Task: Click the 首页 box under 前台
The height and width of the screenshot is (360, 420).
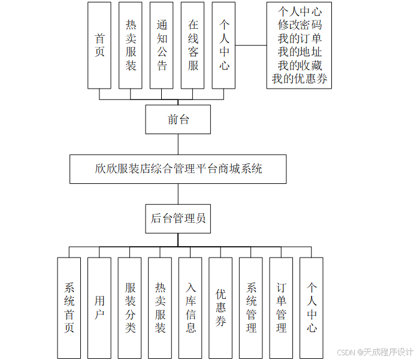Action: click(99, 45)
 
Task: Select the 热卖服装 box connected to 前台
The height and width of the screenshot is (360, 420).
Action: click(131, 45)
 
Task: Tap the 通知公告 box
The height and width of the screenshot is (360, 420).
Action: click(162, 45)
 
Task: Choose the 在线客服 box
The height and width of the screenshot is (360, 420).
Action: click(193, 45)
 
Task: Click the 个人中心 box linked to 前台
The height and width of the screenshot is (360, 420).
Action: click(223, 45)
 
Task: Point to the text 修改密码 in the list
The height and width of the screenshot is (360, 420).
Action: click(300, 25)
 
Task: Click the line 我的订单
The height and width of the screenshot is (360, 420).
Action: click(300, 38)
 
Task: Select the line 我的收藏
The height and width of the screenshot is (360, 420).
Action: click(300, 65)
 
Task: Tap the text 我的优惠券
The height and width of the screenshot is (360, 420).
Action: click(300, 78)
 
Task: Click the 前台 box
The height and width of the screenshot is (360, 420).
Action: click(178, 119)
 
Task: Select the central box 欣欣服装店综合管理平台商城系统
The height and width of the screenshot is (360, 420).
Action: click(178, 169)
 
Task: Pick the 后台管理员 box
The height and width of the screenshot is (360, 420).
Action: click(178, 219)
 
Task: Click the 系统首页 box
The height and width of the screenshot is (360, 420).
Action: click(69, 308)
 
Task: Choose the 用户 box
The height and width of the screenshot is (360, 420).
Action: click(99, 308)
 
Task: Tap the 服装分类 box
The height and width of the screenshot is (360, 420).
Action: click(130, 308)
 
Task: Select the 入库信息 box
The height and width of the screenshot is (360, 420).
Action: click(191, 308)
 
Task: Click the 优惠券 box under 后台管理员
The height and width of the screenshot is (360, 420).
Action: click(221, 308)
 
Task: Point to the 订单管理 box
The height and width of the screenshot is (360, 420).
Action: click(282, 308)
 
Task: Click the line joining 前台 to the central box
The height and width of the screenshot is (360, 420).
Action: click(178, 144)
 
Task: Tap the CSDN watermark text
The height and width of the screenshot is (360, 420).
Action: click(375, 352)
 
